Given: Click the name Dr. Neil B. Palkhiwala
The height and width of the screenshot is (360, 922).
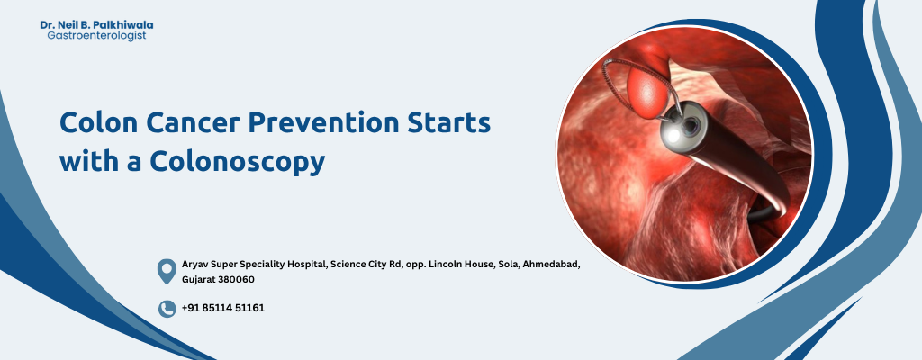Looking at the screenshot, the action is tap(96, 25).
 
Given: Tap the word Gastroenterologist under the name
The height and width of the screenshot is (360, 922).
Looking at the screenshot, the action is tap(96, 36).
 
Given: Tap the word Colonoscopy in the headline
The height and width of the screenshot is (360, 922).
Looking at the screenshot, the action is tap(237, 162).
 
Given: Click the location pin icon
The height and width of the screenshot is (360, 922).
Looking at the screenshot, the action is tap(167, 271).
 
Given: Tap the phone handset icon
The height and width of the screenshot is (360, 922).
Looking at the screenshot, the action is tap(167, 309).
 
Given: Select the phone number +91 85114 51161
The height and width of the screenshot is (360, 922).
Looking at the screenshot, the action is tap(223, 308).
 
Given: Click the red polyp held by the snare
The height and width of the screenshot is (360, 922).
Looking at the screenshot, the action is tap(648, 91).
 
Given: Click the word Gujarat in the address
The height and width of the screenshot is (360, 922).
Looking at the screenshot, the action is tap(199, 279).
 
